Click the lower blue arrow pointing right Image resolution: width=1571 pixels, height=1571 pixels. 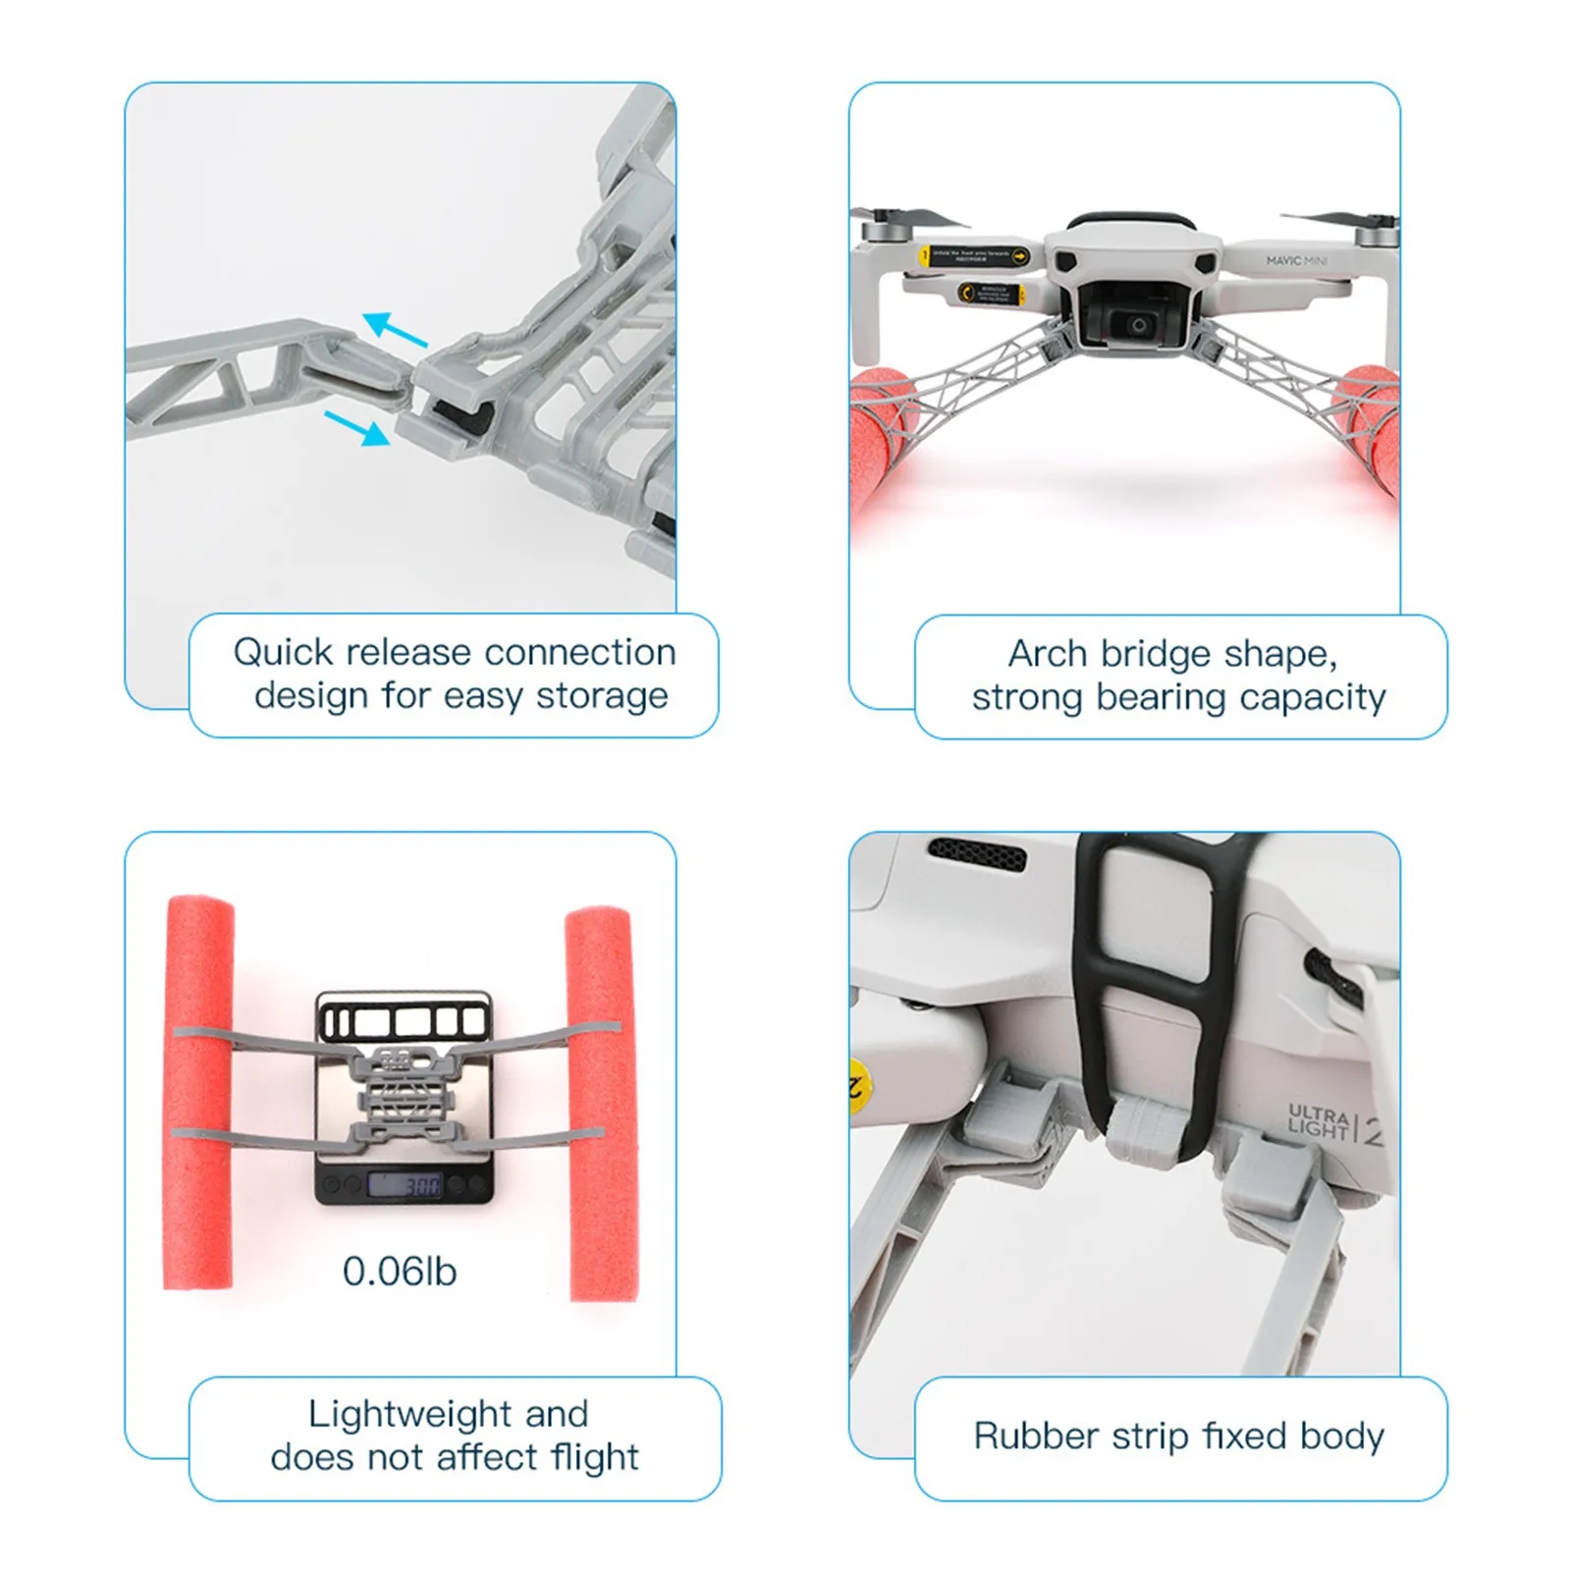[357, 428]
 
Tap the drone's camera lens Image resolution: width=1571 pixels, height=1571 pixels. [1138, 325]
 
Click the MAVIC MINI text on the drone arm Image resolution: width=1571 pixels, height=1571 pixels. [1296, 261]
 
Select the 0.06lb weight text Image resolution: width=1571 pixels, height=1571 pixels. [400, 1272]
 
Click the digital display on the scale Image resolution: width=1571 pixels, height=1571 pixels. [404, 1186]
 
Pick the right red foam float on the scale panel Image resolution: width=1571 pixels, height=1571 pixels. [602, 1105]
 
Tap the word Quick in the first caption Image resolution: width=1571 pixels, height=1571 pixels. [283, 652]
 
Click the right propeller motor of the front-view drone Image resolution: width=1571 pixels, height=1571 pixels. [1376, 235]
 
